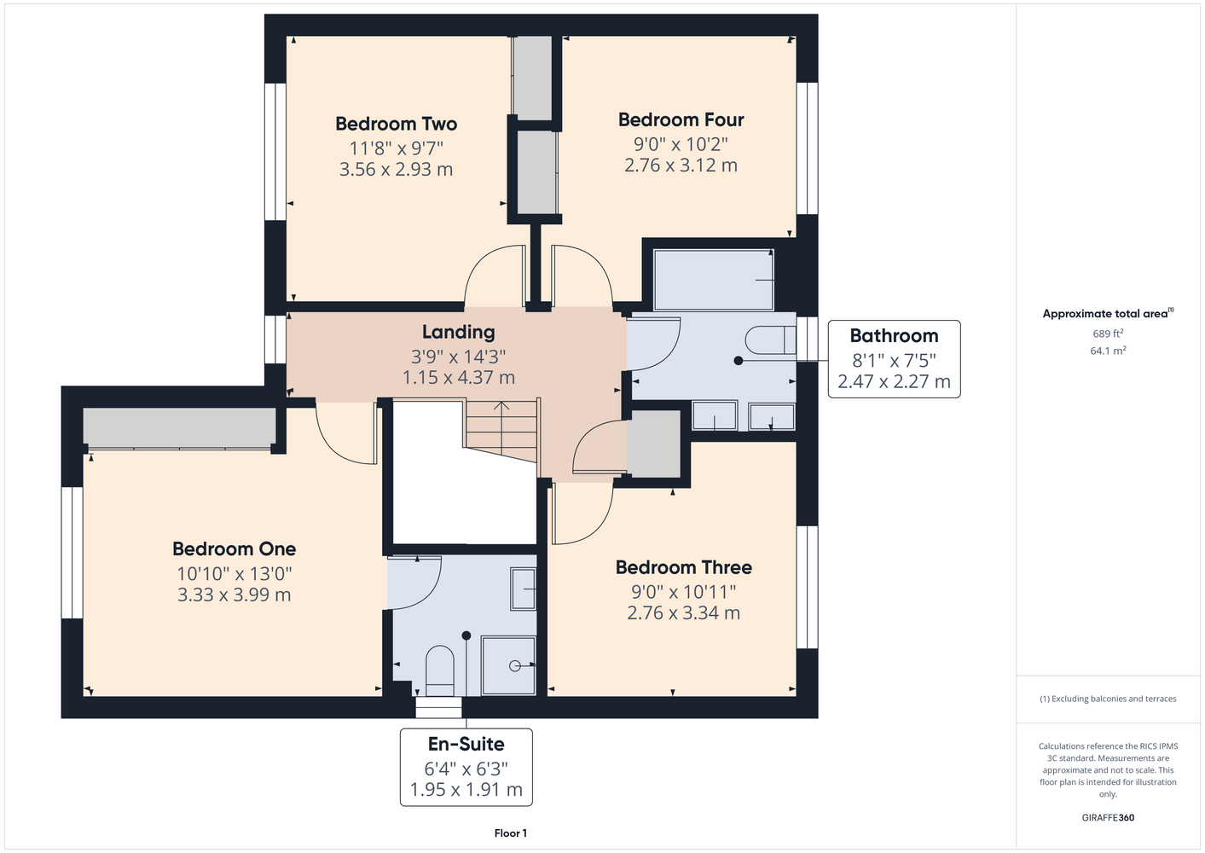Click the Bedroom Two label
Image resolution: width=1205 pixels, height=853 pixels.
tap(396, 124)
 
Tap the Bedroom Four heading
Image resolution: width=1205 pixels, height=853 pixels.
tap(681, 119)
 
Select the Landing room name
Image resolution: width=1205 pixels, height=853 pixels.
tap(458, 332)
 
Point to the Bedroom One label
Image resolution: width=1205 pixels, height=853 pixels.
tap(234, 549)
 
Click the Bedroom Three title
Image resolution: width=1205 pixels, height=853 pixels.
tap(683, 567)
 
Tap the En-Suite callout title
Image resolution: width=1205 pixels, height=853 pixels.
tap(466, 744)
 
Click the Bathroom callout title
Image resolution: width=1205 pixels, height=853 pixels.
tap(894, 335)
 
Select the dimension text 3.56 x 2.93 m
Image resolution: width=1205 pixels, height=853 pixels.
tap(396, 169)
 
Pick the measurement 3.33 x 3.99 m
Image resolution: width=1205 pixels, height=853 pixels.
tap(234, 595)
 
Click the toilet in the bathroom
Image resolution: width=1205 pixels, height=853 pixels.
tap(770, 339)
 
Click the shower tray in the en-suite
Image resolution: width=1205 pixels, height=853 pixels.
tap(508, 665)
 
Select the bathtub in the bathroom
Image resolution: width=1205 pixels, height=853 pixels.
tap(714, 280)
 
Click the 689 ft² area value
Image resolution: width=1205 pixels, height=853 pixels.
tap(1108, 334)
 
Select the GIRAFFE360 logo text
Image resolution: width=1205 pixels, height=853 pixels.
tap(1108, 817)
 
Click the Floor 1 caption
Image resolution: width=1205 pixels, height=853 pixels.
tap(511, 833)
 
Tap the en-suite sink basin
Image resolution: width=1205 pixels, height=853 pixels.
tap(523, 589)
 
